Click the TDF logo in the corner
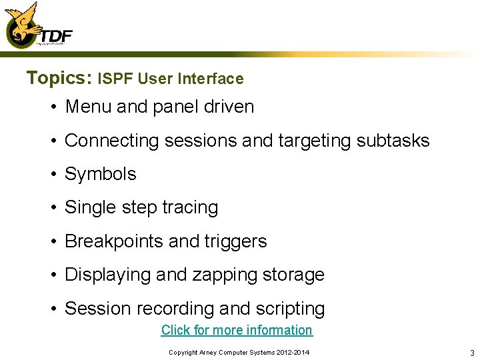click(37, 27)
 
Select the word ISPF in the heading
click(113, 79)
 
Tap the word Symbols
click(100, 174)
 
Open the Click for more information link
click(237, 330)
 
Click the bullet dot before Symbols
click(51, 175)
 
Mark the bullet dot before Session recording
click(51, 309)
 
